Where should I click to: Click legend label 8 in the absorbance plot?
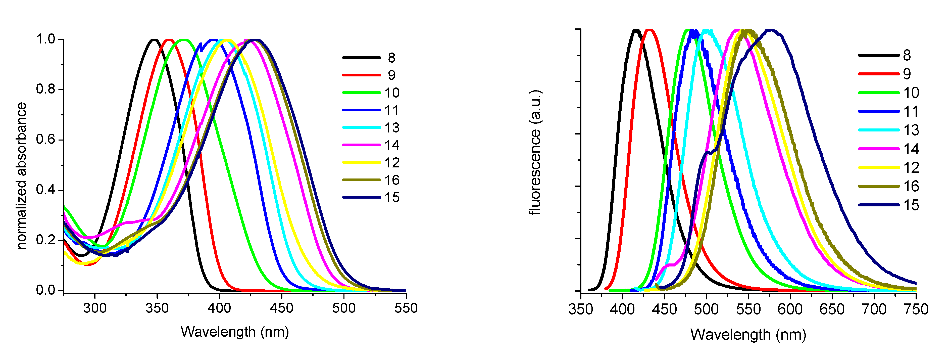click(391, 58)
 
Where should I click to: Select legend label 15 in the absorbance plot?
click(392, 198)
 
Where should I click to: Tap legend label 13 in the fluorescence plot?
click(911, 130)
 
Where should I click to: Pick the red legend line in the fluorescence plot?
click(879, 74)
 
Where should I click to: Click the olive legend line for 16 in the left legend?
click(361, 180)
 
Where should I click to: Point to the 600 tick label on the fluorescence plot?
click(790, 309)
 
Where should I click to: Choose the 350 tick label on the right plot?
click(581, 309)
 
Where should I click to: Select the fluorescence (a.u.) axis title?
click(535, 152)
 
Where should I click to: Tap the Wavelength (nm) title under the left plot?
click(235, 332)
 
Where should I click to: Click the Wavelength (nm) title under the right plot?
click(748, 335)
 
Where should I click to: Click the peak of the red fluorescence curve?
click(650, 30)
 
